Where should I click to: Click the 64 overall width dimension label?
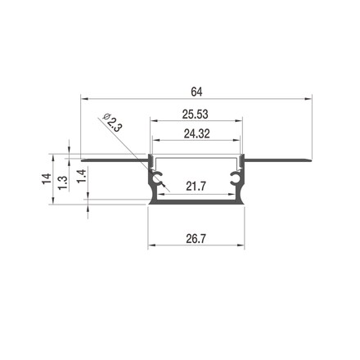point(196,92)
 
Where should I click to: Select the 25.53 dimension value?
point(196,115)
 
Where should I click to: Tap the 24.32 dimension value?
point(196,134)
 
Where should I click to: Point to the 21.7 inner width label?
point(196,187)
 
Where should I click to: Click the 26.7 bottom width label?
point(196,239)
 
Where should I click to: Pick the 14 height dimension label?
point(47,178)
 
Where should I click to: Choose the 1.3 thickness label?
point(63,182)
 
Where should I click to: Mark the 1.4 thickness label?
point(82,176)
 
